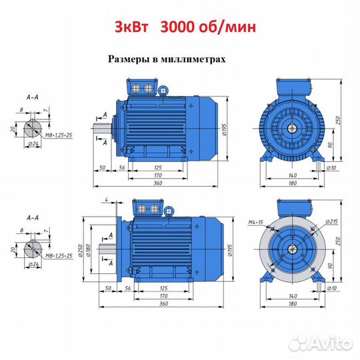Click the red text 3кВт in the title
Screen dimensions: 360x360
(131, 27)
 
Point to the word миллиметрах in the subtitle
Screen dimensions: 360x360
(193, 59)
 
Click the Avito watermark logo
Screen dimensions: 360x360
(321, 344)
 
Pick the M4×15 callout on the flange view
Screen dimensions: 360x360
(255, 222)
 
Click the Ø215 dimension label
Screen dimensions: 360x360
(331, 221)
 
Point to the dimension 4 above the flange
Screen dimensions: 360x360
(106, 200)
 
